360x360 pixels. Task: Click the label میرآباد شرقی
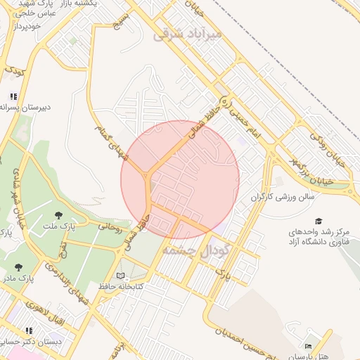tap(190, 32)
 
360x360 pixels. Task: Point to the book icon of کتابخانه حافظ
tap(120, 275)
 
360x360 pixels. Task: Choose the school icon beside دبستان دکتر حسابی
tap(29, 330)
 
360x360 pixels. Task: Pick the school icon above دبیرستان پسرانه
tap(13, 96)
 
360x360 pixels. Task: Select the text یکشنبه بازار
tap(95, 4)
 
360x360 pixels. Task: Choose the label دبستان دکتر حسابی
tap(31, 342)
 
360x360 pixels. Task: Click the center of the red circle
tap(180, 179)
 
